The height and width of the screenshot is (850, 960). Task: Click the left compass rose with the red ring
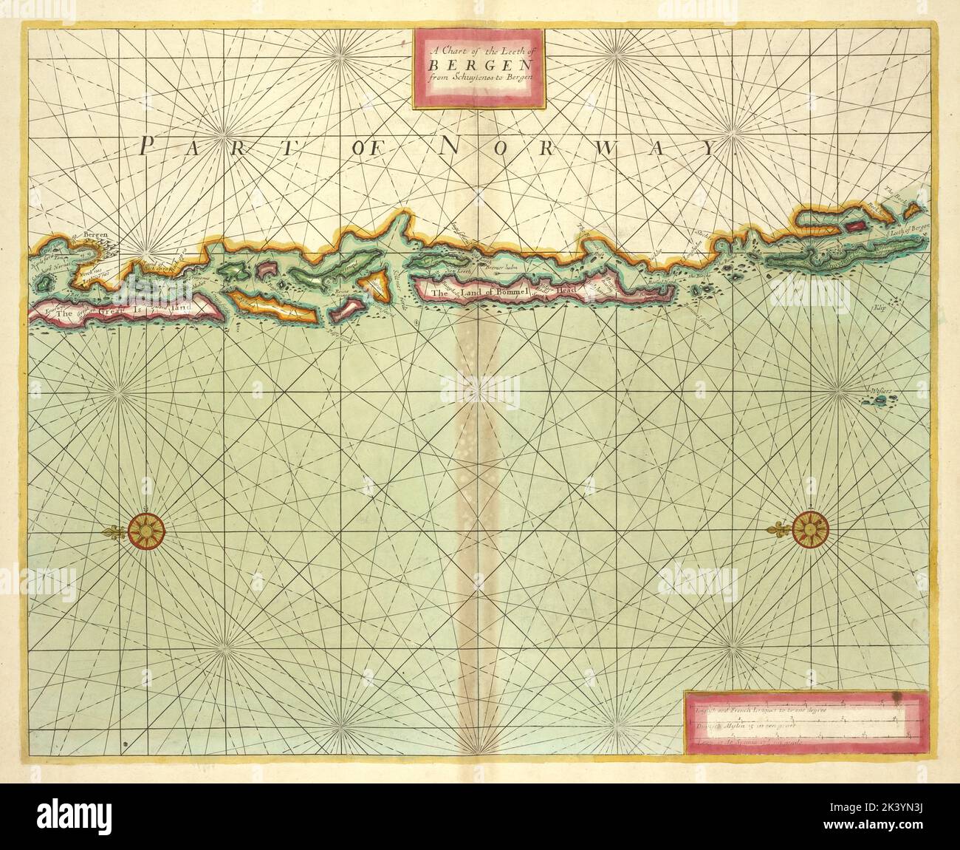coord(145,531)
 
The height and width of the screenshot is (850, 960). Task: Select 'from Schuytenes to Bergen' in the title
coord(481,78)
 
